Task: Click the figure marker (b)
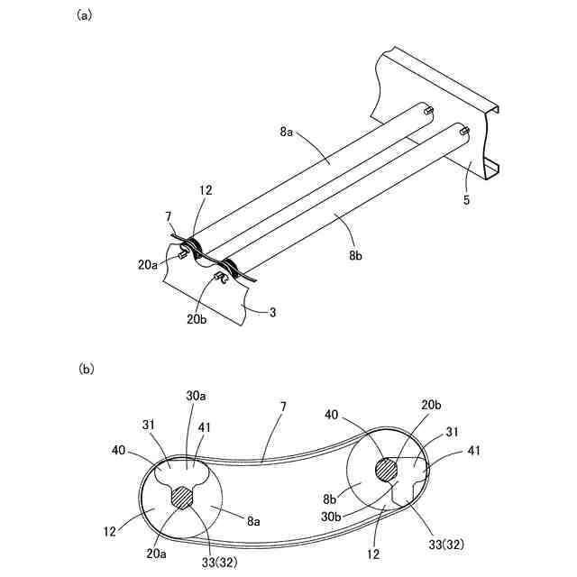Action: [86, 368]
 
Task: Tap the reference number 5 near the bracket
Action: [466, 200]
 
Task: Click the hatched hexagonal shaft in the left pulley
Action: [184, 497]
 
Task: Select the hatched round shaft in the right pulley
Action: [385, 470]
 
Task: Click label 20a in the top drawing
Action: [149, 263]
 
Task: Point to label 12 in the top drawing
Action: [206, 189]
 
